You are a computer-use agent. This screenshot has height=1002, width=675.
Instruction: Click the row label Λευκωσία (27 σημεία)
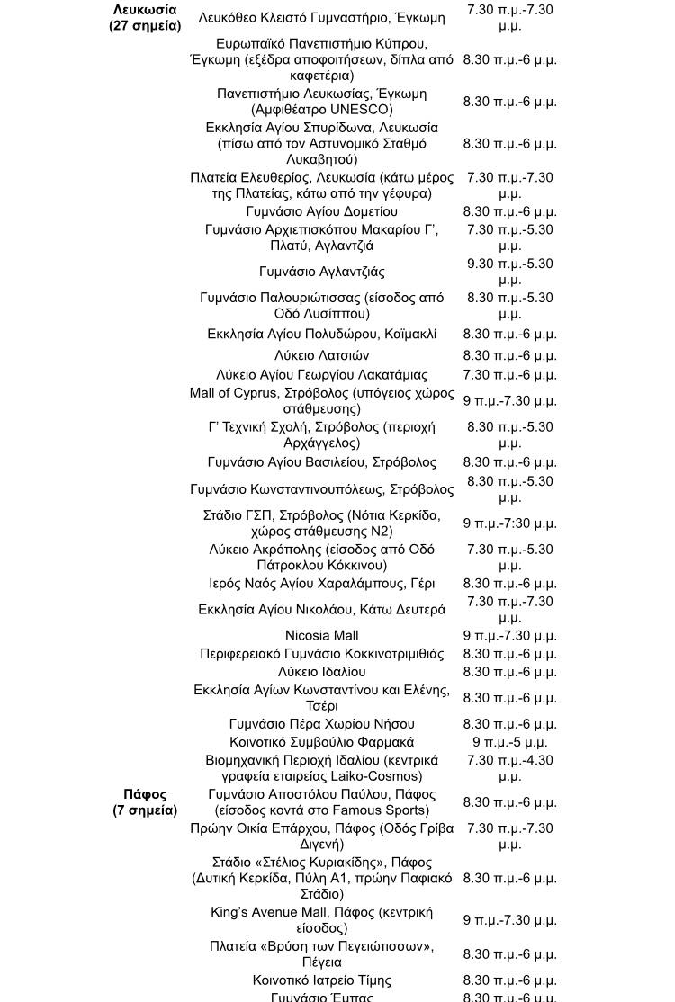(145, 18)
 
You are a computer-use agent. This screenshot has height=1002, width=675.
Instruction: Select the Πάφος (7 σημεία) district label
(145, 802)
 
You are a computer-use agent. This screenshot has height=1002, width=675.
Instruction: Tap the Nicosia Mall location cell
(321, 636)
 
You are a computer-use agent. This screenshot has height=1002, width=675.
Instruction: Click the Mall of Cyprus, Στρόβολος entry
(321, 401)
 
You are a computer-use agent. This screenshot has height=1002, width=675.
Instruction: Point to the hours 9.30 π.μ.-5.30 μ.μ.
(509, 272)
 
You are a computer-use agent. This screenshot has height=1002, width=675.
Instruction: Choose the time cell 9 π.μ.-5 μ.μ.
(509, 742)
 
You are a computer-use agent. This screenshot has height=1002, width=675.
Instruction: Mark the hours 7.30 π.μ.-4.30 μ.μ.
(509, 768)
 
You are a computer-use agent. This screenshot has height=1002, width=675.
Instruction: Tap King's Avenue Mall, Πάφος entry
(321, 920)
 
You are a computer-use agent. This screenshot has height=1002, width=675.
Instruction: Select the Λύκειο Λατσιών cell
(321, 355)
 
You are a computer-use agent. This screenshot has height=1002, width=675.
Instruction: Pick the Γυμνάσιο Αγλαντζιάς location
(321, 272)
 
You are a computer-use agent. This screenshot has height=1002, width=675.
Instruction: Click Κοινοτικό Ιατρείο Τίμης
(321, 980)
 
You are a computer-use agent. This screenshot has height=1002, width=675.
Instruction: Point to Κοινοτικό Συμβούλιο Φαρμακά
(321, 742)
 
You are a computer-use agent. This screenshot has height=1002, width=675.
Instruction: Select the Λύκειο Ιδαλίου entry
(321, 672)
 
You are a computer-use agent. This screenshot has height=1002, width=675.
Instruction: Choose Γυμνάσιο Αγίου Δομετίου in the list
(321, 212)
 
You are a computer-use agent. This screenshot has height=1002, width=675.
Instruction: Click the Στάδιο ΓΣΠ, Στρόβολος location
(321, 523)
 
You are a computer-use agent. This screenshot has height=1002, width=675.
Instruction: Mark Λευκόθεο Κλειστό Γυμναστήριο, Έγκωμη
(321, 18)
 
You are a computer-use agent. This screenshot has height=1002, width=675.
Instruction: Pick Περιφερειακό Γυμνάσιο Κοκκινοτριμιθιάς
(321, 654)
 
